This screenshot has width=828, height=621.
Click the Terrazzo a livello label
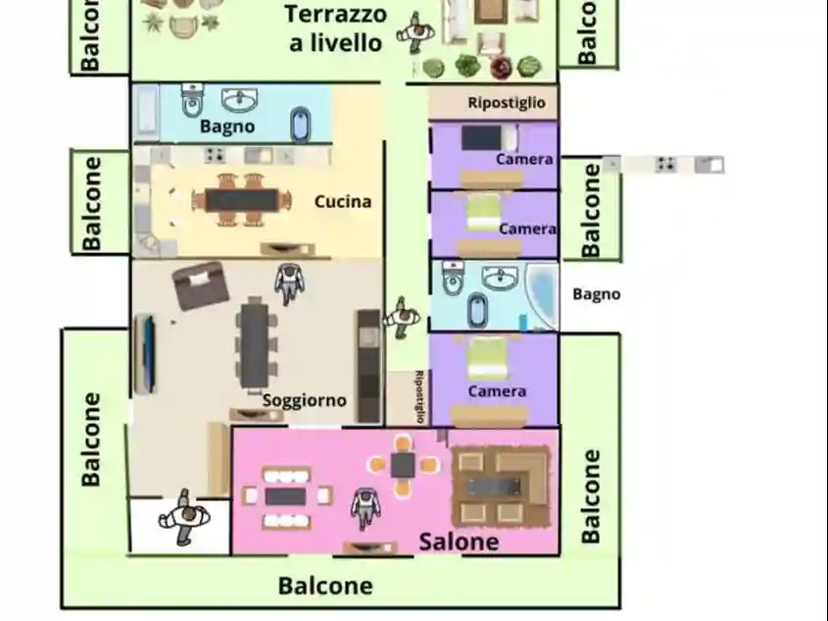[336, 28]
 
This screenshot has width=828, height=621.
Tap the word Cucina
[343, 202]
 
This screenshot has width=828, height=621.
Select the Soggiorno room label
[304, 400]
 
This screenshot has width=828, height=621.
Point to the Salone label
[459, 542]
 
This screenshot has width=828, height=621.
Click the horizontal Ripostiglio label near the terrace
[506, 103]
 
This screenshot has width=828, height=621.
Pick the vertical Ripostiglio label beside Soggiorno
[419, 396]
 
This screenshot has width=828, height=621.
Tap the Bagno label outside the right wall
[596, 293]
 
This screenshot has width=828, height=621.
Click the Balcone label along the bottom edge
[325, 587]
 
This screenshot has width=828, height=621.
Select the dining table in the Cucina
[242, 200]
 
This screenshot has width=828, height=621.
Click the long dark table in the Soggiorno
[254, 341]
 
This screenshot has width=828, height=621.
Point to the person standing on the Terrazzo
[415, 34]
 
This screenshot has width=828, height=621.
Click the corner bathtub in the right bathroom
[539, 294]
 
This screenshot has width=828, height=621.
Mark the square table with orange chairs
[403, 464]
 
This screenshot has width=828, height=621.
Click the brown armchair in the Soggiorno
[201, 287]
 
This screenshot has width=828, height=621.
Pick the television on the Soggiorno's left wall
[145, 353]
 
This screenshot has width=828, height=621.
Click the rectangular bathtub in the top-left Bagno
[146, 112]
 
